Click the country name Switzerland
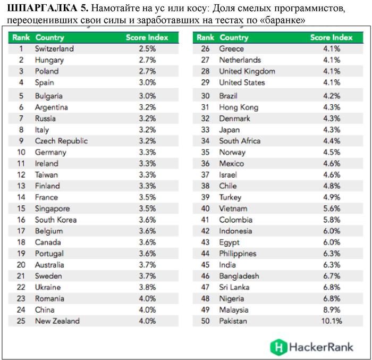pyautogui.click(x=54, y=48)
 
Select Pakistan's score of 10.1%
pyautogui.click(x=331, y=321)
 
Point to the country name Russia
pyautogui.click(x=45, y=118)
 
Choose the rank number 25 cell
pyautogui.click(x=21, y=321)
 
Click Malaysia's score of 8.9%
pyautogui.click(x=331, y=309)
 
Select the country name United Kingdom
pyautogui.click(x=247, y=71)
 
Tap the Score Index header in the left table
pyautogui.click(x=147, y=37)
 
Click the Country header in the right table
pyautogui.click(x=234, y=37)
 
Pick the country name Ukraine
pyautogui.click(x=47, y=287)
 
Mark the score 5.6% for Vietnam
pyautogui.click(x=331, y=208)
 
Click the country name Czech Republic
pyautogui.click(x=61, y=141)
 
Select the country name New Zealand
pyautogui.click(x=57, y=321)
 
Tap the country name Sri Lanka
pyautogui.click(x=234, y=287)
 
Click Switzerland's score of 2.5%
pyautogui.click(x=147, y=48)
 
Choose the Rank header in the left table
pyautogui.click(x=21, y=37)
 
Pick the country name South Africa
pyautogui.click(x=240, y=141)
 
